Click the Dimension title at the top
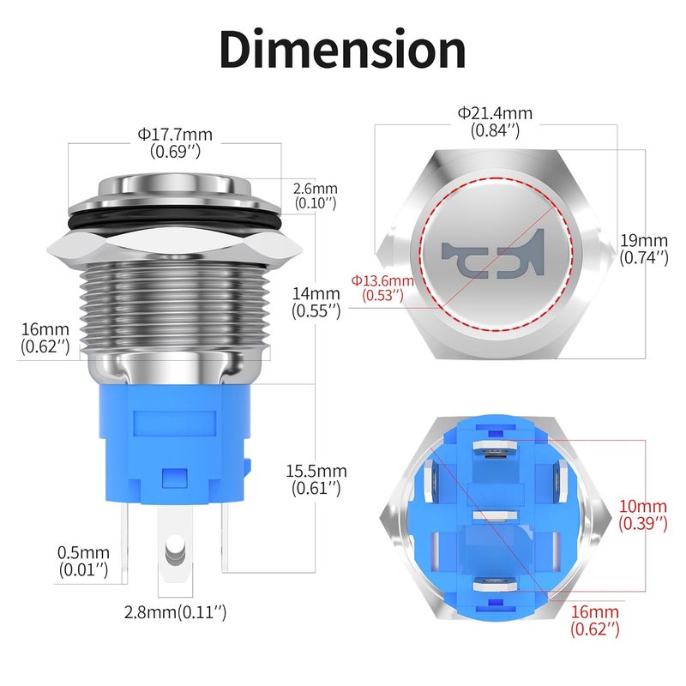(x=343, y=50)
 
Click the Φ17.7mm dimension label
(x=175, y=142)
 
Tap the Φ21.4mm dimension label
(x=495, y=122)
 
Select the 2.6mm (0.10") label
(x=315, y=196)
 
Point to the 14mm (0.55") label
(x=316, y=303)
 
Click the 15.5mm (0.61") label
(x=316, y=479)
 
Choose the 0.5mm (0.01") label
(x=84, y=561)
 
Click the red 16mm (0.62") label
(x=595, y=620)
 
